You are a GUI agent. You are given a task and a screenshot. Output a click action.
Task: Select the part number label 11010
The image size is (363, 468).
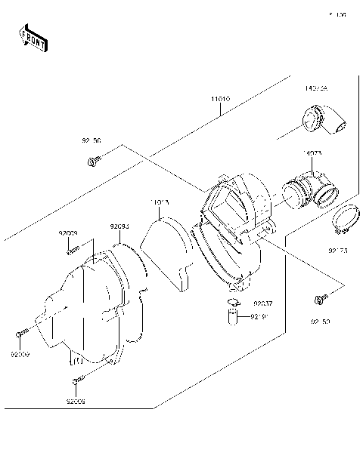[220, 99]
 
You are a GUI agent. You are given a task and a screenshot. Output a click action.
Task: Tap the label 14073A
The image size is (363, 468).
[316, 88]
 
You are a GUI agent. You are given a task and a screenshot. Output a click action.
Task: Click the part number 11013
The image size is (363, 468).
[159, 202]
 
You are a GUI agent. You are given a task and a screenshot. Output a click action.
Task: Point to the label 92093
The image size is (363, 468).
[119, 226]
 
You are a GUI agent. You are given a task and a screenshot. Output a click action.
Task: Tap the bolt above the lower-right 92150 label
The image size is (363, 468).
[320, 300]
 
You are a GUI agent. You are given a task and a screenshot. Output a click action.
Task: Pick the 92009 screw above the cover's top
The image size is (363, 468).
[73, 251]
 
